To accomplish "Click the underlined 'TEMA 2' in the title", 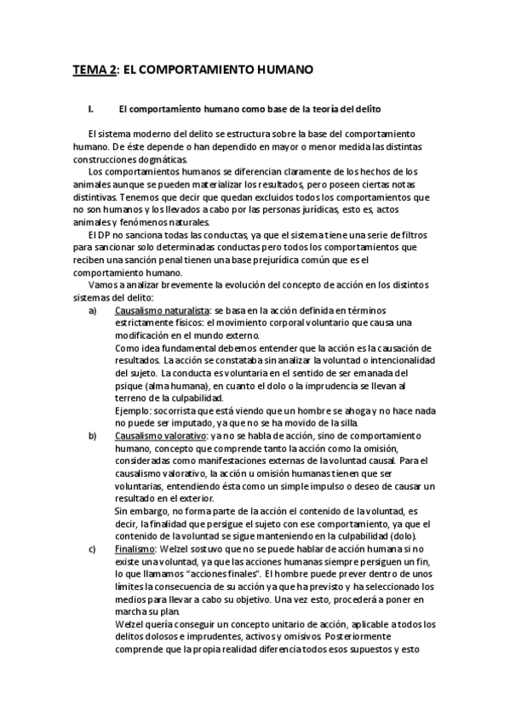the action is pyautogui.click(x=94, y=69).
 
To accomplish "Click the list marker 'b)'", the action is pyautogui.click(x=93, y=434).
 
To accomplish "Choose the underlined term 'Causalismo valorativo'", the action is pyautogui.click(x=160, y=434).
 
